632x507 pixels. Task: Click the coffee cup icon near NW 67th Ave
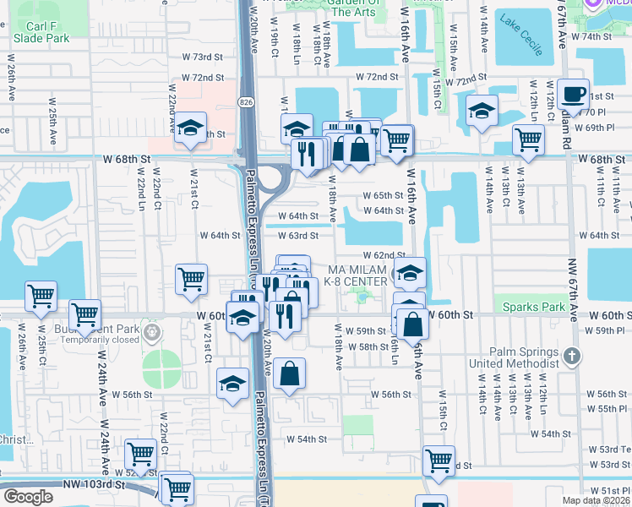tap(574, 93)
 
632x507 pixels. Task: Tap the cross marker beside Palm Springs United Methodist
tap(572, 355)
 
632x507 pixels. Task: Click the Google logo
tap(28, 497)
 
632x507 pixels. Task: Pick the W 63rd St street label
tap(298, 236)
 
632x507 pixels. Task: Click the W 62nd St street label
tap(384, 254)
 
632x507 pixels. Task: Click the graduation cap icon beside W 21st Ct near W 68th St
tap(191, 128)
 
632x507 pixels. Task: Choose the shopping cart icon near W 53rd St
tap(439, 460)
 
